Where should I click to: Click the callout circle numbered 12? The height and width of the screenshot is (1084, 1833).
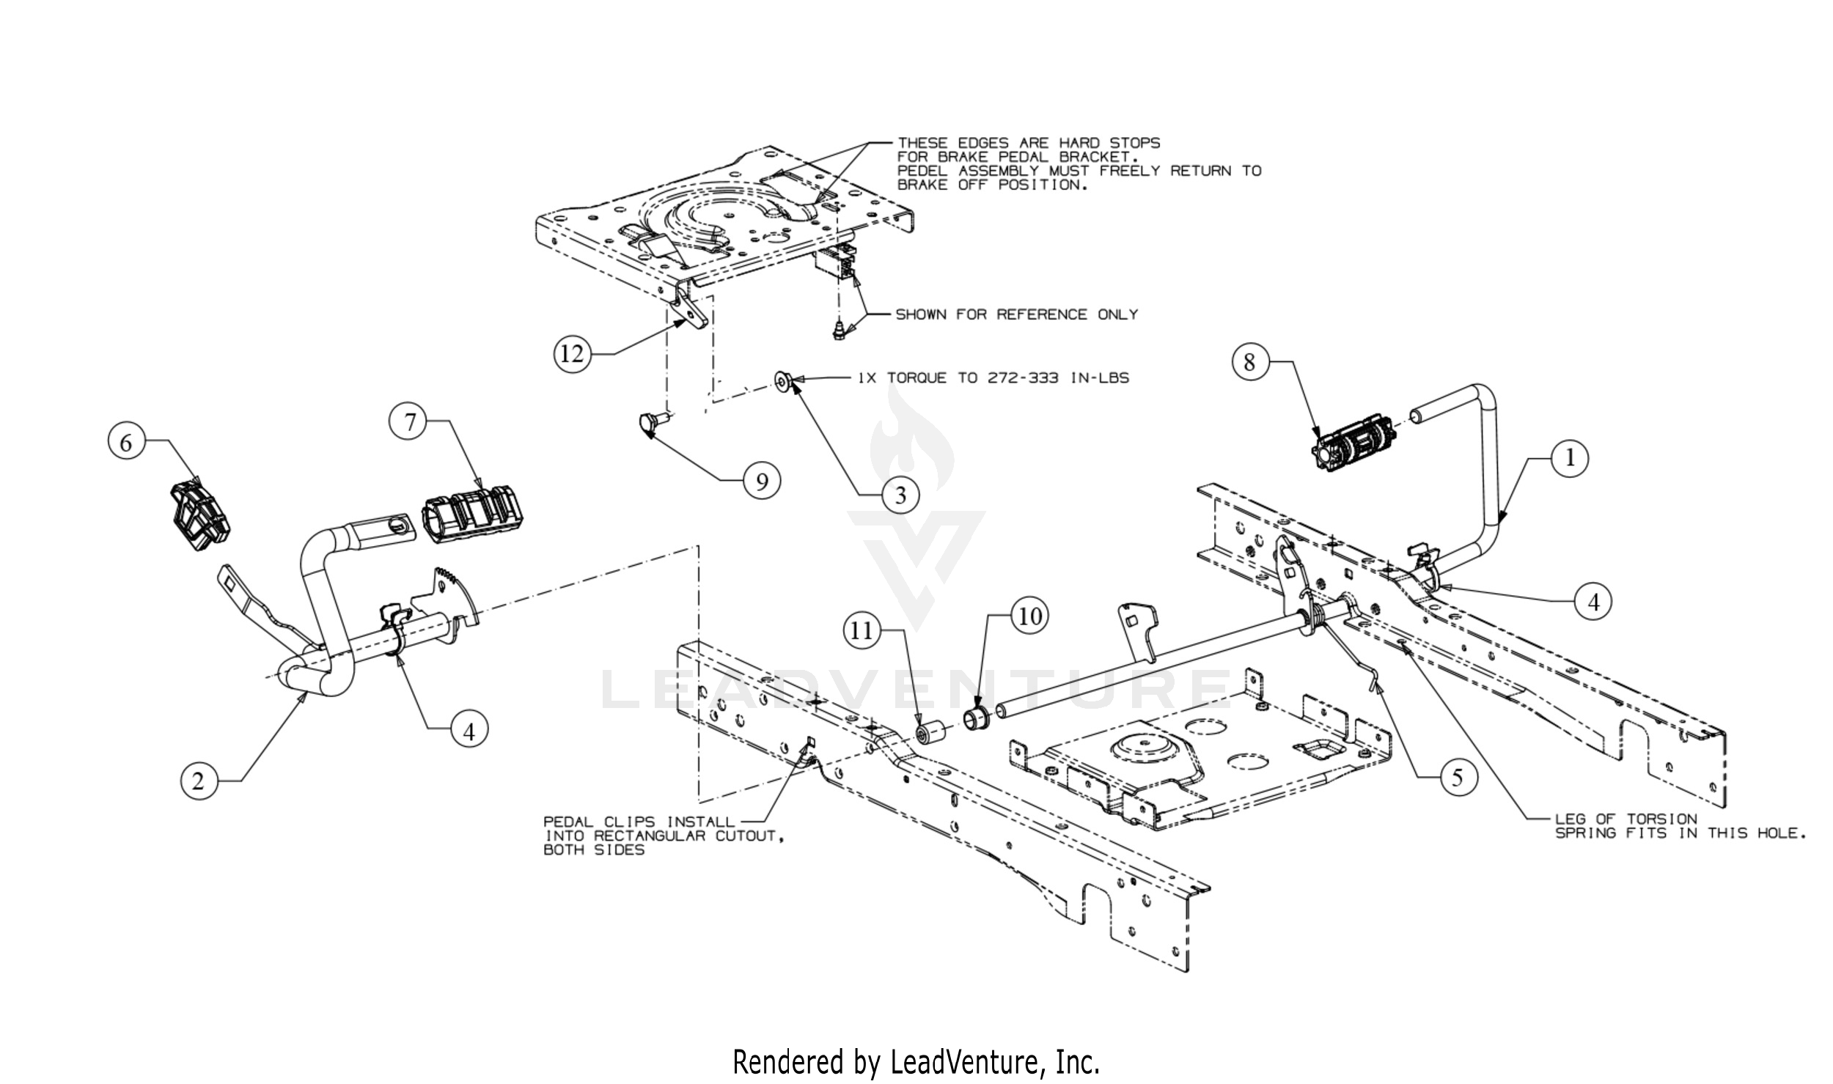point(572,354)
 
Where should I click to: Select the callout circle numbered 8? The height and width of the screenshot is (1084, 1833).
point(1249,361)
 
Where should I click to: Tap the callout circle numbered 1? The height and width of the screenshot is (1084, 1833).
point(1570,458)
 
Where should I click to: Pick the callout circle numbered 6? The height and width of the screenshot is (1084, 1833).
point(126,443)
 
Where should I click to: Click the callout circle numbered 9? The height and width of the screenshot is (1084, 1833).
point(762,482)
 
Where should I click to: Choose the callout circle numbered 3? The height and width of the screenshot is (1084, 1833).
point(900,495)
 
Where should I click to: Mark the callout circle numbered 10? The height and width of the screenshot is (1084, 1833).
point(1030,616)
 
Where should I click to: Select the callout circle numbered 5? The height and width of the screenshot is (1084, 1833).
point(1457,777)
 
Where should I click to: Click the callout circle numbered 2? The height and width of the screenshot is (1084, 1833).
point(199,781)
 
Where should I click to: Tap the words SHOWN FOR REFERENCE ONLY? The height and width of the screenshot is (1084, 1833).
point(1016,314)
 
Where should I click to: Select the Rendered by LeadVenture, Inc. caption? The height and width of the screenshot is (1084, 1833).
point(916,1061)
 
